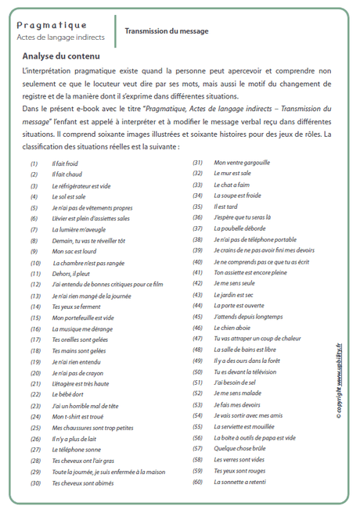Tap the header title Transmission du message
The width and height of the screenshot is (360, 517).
coord(167,31)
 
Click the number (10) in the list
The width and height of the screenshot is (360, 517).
coord(35,264)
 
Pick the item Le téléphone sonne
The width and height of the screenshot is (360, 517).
coord(76,450)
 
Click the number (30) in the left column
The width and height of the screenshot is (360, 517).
coord(35,483)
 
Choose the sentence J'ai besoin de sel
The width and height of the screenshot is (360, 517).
coord(236,382)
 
